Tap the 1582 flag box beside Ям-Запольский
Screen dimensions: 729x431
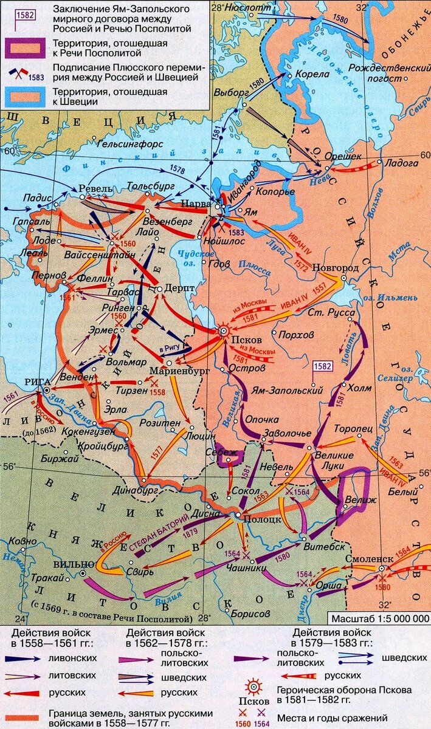[x=323, y=366]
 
